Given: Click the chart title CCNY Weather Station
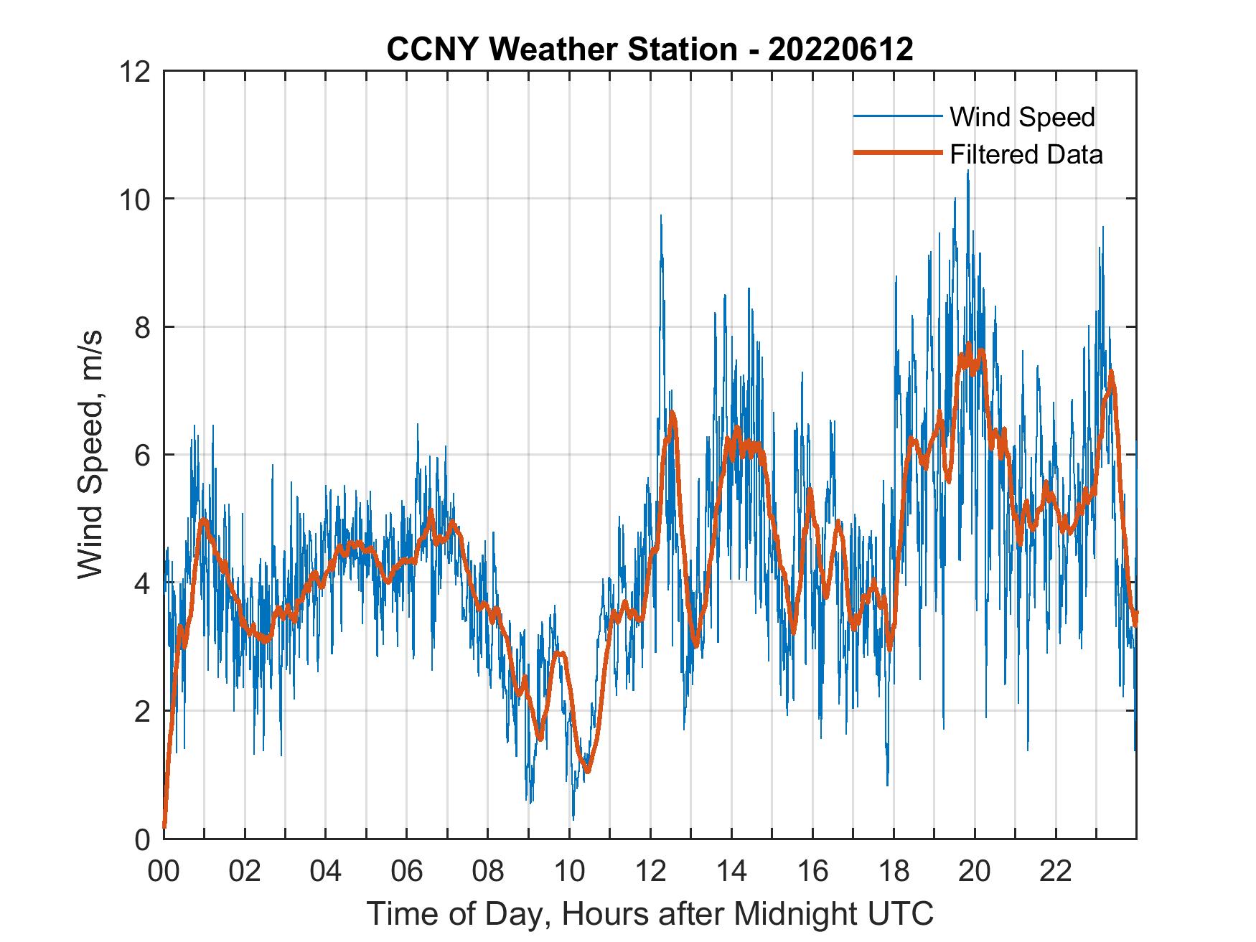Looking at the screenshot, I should tap(650, 49).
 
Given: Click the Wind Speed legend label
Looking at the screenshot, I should tap(1022, 117).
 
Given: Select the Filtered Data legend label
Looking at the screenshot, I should tap(1026, 154).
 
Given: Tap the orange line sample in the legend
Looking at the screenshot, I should tap(897, 153).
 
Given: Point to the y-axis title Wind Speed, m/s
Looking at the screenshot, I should tap(90, 454).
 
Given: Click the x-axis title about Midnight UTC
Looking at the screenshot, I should tap(650, 913).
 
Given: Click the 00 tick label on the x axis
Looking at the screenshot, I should tap(164, 871).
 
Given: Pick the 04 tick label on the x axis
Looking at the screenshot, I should tap(326, 871).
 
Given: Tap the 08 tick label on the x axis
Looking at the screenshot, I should tap(488, 871).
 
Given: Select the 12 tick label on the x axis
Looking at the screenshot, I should tap(650, 871).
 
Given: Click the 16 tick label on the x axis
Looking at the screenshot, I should tap(812, 871).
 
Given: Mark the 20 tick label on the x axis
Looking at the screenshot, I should tap(975, 871).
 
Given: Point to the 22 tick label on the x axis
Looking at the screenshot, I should tap(1056, 871).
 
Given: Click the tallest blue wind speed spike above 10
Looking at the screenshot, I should tap(967, 172).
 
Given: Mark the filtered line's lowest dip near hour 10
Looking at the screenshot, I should tap(588, 771).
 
